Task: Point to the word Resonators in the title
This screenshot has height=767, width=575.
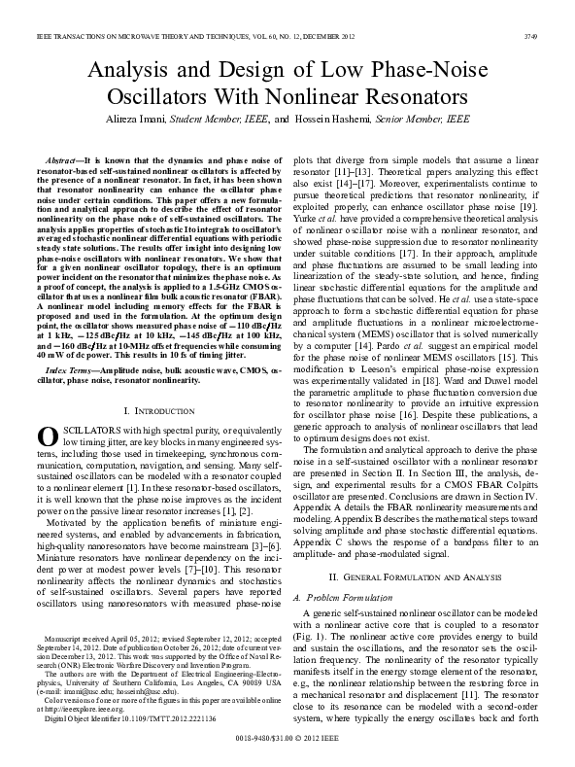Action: pyautogui.click(x=410, y=96)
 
